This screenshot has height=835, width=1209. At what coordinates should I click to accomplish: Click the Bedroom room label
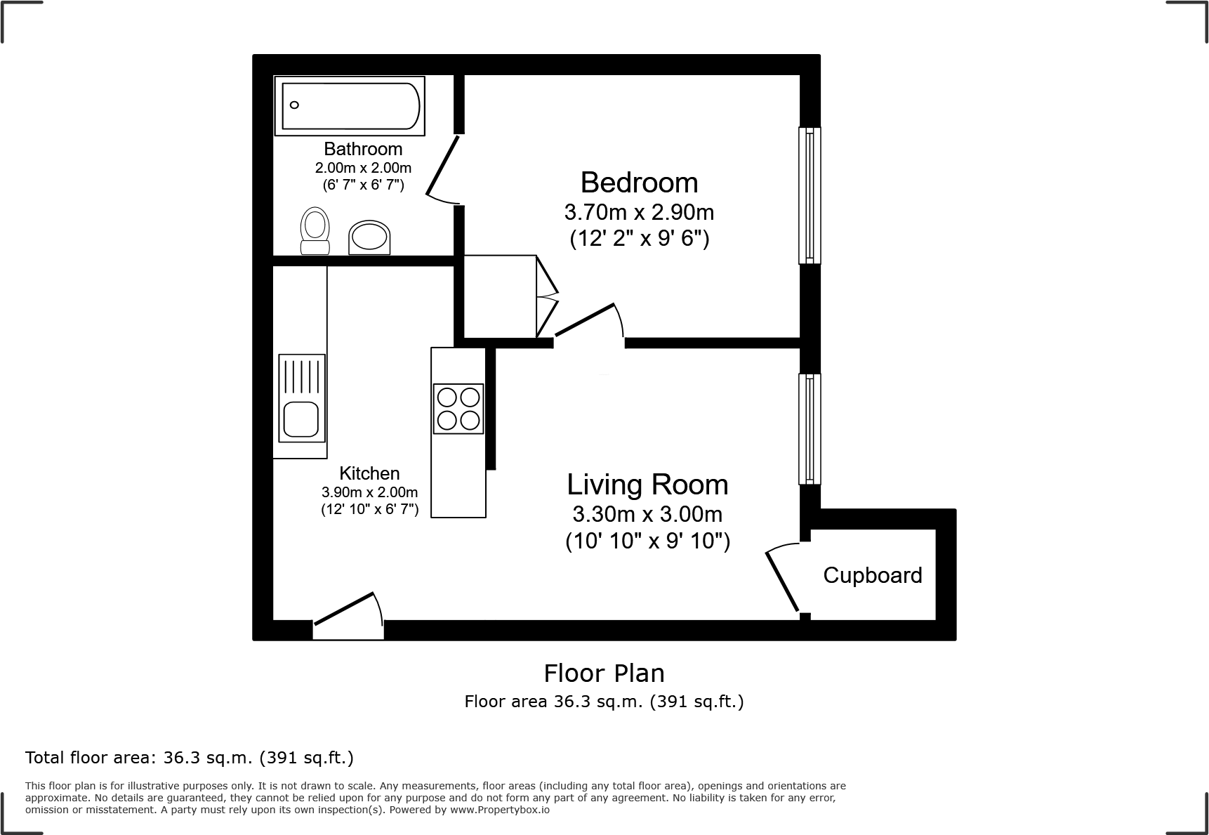(x=639, y=183)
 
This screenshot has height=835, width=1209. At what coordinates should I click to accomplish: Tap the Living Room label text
(x=647, y=485)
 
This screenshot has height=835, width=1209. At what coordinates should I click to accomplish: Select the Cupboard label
(x=872, y=575)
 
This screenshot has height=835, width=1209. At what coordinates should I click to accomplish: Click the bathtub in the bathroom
(x=350, y=106)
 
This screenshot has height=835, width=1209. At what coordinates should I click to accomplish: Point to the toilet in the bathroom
(x=315, y=230)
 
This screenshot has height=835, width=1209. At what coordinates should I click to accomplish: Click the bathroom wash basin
(x=369, y=237)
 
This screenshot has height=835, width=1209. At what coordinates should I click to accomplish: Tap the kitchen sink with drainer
(x=302, y=398)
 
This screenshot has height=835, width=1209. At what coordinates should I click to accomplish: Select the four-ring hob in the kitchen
(x=458, y=409)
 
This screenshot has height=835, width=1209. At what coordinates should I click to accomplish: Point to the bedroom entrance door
(x=588, y=321)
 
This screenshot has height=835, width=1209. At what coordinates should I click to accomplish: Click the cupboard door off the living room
(x=782, y=580)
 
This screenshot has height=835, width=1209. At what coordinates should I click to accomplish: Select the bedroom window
(x=810, y=195)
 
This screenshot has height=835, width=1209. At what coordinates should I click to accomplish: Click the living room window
(x=810, y=429)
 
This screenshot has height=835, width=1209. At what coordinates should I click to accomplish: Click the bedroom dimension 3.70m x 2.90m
(x=638, y=212)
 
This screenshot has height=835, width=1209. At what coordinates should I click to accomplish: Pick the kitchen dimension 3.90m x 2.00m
(x=369, y=492)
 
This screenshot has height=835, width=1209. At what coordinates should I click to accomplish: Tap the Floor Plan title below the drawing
(x=604, y=673)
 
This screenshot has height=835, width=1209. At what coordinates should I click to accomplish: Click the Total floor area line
(x=189, y=758)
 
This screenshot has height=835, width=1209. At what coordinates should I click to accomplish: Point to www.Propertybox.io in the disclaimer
(x=500, y=810)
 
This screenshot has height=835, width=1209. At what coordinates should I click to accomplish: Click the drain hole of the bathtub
(x=295, y=105)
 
